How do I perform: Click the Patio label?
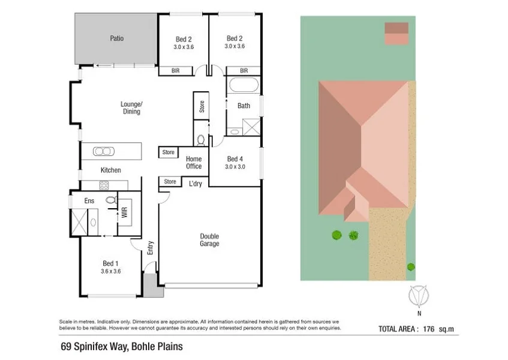coord(116,38)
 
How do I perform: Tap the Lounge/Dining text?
coord(131,108)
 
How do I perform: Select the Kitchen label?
coord(110,170)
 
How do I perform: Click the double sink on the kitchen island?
coord(103,151)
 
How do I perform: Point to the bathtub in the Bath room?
coord(244,85)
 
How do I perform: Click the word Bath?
coord(244,106)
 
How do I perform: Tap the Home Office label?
coord(193,163)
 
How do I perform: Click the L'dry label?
coord(196,184)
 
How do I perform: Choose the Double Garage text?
coord(209,240)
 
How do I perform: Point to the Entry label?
coord(150,248)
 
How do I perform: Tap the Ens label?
coord(89,200)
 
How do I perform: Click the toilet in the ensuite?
coord(110,200)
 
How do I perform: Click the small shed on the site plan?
coord(396,34)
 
